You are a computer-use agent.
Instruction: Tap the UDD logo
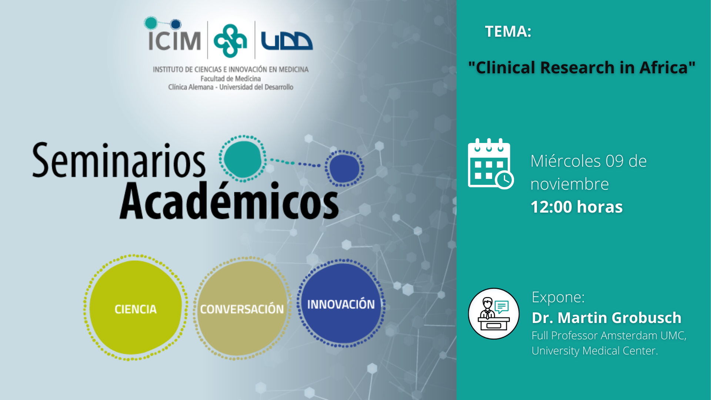click(x=287, y=41)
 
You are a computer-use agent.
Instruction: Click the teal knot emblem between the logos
click(x=230, y=41)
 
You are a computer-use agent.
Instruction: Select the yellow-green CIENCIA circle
click(x=136, y=308)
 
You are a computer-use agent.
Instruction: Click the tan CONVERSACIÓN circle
click(x=242, y=309)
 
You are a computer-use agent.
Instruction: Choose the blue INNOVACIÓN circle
click(x=341, y=303)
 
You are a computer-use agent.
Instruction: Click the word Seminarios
click(x=118, y=160)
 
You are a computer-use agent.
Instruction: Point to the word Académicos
click(x=229, y=200)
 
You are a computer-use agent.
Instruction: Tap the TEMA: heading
click(x=508, y=31)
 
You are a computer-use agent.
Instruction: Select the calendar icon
click(x=491, y=164)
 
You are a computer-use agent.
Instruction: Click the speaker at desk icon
click(x=494, y=314)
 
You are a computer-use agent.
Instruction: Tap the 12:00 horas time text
click(x=577, y=207)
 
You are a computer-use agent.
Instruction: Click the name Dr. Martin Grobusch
click(x=607, y=318)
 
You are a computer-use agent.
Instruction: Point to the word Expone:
click(x=558, y=297)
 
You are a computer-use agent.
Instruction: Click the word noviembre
click(x=570, y=184)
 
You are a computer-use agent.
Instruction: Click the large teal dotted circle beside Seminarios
click(x=243, y=159)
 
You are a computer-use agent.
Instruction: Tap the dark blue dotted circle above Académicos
click(x=344, y=168)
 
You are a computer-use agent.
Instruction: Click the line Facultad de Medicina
click(x=231, y=79)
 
